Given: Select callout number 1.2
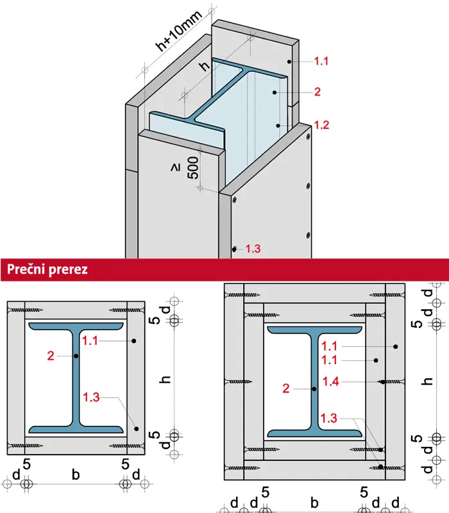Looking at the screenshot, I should [x=321, y=126].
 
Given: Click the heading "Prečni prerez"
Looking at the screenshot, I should [x=47, y=269].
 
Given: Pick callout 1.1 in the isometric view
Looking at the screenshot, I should [x=321, y=62].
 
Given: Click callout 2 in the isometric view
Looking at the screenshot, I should [x=317, y=92].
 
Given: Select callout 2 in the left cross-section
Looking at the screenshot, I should [x=51, y=355].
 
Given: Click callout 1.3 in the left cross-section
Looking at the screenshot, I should [x=91, y=398].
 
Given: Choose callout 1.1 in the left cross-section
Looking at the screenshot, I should [x=91, y=341].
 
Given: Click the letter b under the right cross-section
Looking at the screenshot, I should [x=314, y=502].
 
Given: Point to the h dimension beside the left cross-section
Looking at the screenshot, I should [x=165, y=380].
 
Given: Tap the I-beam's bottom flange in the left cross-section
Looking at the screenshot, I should [x=76, y=428].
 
